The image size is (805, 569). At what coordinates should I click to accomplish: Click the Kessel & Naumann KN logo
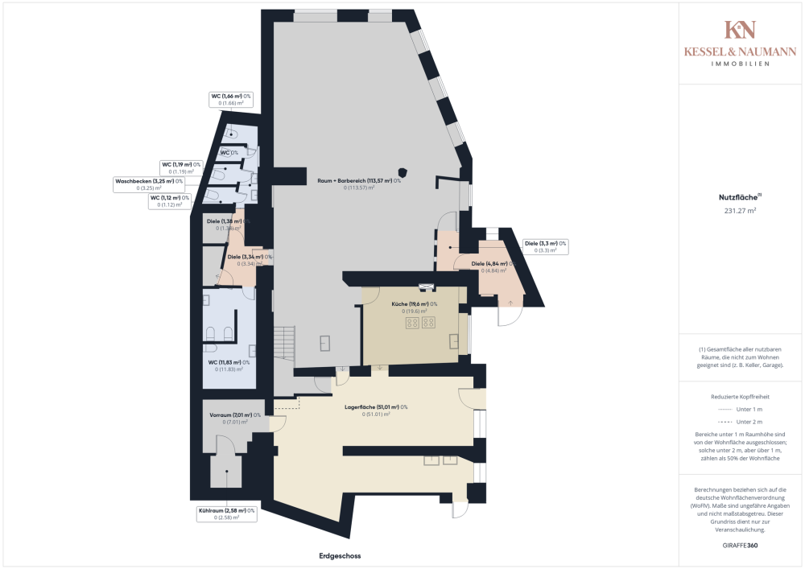(740, 30)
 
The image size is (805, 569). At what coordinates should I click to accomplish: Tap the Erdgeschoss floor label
(338, 556)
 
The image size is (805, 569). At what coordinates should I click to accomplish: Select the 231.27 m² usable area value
(740, 211)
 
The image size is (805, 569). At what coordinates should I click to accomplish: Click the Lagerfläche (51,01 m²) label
(375, 407)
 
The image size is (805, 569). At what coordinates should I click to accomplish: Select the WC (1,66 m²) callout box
(231, 99)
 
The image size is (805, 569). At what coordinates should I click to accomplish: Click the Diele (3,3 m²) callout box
(545, 246)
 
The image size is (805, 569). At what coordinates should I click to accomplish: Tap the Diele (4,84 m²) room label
(493, 264)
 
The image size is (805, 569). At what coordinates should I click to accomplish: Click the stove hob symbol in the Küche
(419, 323)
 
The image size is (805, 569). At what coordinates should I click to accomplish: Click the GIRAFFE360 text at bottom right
(740, 546)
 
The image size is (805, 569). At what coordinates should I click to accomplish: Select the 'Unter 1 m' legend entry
(740, 410)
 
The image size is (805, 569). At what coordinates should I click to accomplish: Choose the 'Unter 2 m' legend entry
(740, 422)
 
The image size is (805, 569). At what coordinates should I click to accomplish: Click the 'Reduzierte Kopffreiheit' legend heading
(740, 397)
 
